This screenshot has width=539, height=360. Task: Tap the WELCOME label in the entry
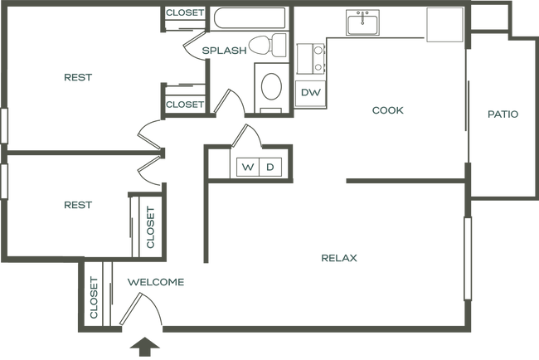[155, 283]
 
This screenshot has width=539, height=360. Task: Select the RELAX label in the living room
[339, 258]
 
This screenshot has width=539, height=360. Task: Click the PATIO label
[503, 115]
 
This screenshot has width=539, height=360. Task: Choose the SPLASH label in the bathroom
[224, 51]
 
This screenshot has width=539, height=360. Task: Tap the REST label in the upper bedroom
[78, 78]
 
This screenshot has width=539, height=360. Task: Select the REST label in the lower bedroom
[78, 202]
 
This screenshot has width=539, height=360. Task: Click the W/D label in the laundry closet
[258, 167]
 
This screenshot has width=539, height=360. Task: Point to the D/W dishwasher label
[311, 91]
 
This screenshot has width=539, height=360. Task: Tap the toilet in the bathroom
[267, 48]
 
